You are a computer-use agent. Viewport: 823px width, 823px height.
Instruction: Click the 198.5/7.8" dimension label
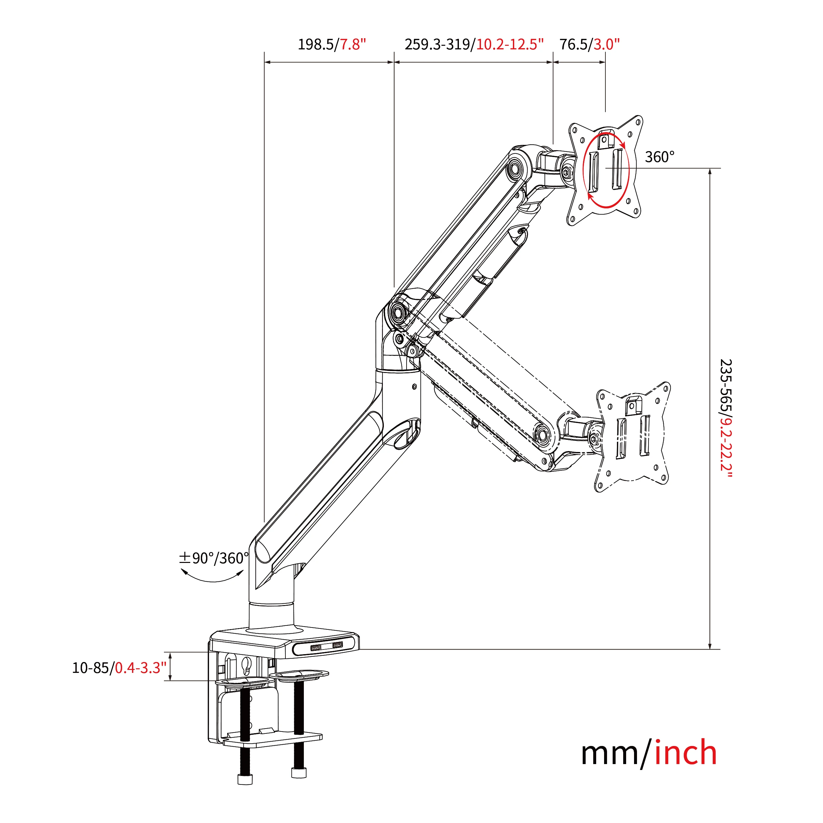coord(332,44)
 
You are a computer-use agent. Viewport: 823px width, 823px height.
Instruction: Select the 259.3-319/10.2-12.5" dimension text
coord(474,44)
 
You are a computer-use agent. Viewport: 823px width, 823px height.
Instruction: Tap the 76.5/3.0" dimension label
coord(589,44)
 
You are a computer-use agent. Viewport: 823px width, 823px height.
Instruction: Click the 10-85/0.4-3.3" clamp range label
coord(119,668)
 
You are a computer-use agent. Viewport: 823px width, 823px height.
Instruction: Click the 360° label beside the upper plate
coord(659,157)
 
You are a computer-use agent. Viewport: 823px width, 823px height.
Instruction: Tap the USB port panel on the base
coord(326,648)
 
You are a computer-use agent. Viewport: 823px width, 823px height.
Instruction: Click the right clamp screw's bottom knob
coord(299,773)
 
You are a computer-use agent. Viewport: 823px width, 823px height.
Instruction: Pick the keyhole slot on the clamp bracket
coord(246,665)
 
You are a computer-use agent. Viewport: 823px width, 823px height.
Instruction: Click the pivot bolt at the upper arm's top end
coord(515,168)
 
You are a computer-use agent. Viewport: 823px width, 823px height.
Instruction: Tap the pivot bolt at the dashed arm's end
coord(543,435)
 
